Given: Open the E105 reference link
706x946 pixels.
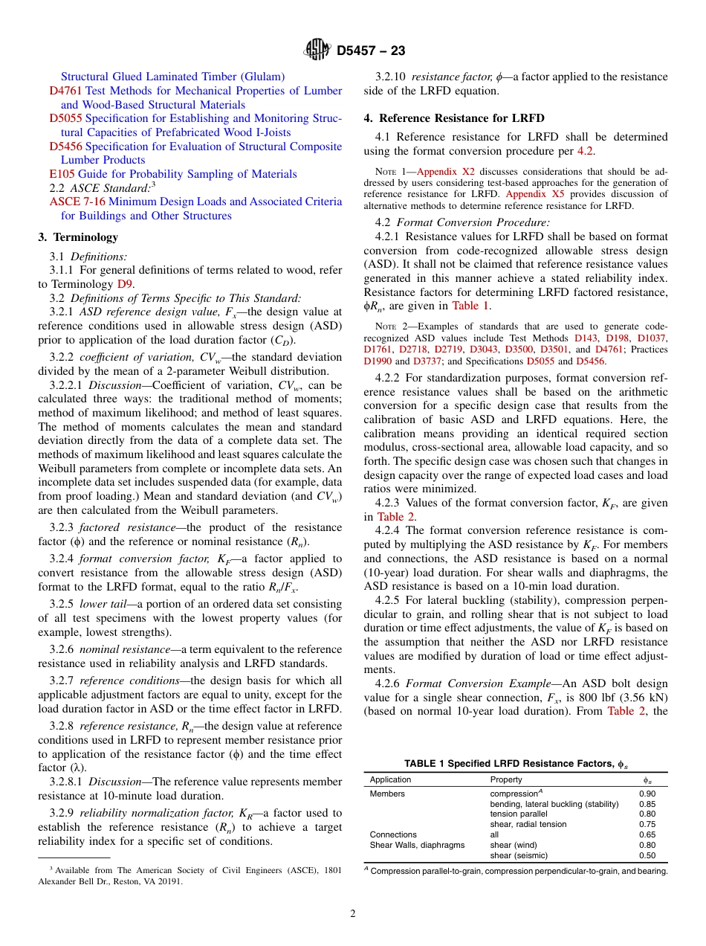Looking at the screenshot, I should pos(62,174).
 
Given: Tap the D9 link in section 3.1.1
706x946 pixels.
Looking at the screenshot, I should pos(126,284).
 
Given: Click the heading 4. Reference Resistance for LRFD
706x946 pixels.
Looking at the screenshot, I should pos(454,118).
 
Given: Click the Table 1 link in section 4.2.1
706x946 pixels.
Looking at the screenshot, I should pos(471,306).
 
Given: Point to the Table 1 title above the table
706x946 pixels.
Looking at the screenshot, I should pos(515,764).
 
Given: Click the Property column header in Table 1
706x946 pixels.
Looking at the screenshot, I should pos(506,779).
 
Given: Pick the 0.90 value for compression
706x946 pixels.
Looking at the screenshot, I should pos(647,794).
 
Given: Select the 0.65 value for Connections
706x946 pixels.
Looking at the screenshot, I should pos(647,834).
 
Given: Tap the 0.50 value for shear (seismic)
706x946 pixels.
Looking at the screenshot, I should pos(647,855).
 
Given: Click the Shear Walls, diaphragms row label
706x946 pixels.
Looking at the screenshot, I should pos(417,845).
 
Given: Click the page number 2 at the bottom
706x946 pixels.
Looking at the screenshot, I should pos(353,914).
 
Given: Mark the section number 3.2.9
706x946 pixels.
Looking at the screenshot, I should pos(63,813).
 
